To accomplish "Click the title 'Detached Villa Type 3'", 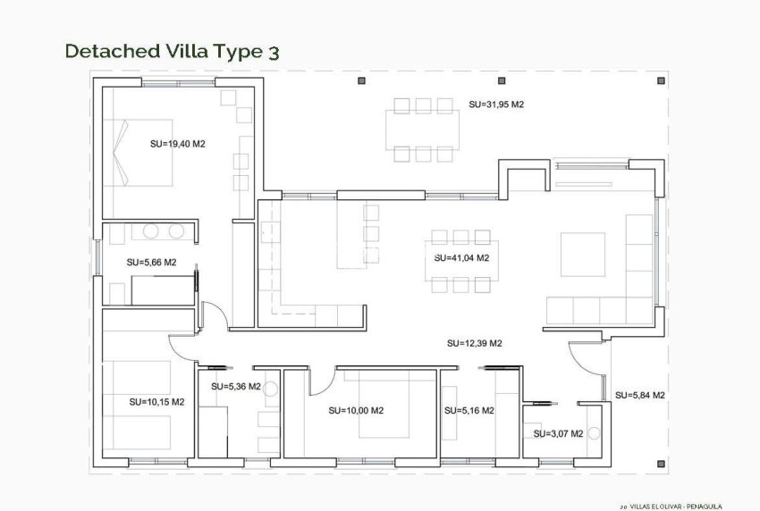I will tap(173, 51).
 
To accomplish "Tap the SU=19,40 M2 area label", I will tap(178, 143).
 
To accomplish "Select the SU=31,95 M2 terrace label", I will tap(495, 105).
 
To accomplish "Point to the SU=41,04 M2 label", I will tap(461, 258).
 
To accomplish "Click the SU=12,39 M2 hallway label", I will tap(475, 343).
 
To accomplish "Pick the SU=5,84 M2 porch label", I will tap(640, 395).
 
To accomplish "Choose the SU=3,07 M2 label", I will tap(558, 433).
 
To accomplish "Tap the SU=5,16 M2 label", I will tap(469, 411).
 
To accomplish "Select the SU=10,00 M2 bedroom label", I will tap(356, 411).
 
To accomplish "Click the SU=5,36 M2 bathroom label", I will tap(236, 387).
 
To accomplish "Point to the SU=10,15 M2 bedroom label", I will tap(156, 402).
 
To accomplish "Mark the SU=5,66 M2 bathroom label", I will tap(151, 263).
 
